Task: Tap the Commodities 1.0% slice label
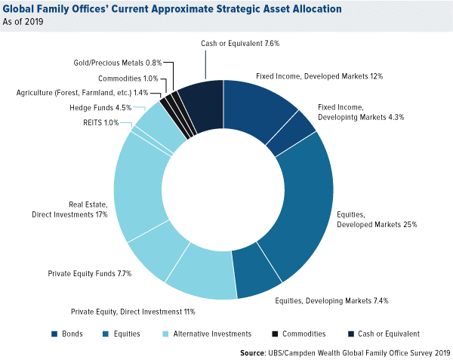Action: tap(127, 78)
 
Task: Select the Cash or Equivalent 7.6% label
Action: tap(240, 44)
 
